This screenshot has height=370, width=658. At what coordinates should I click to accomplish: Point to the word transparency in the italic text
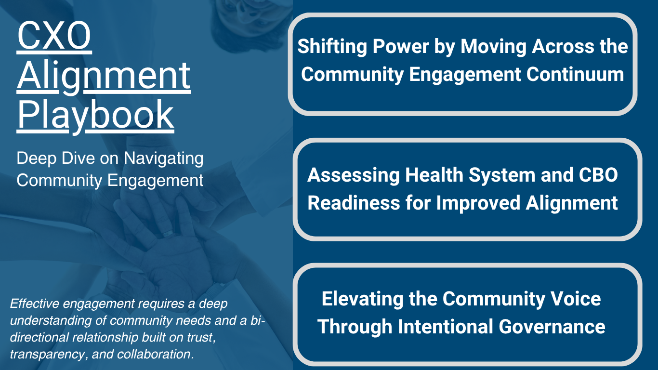[x=40, y=355]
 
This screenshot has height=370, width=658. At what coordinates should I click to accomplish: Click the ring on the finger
[x=167, y=234]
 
